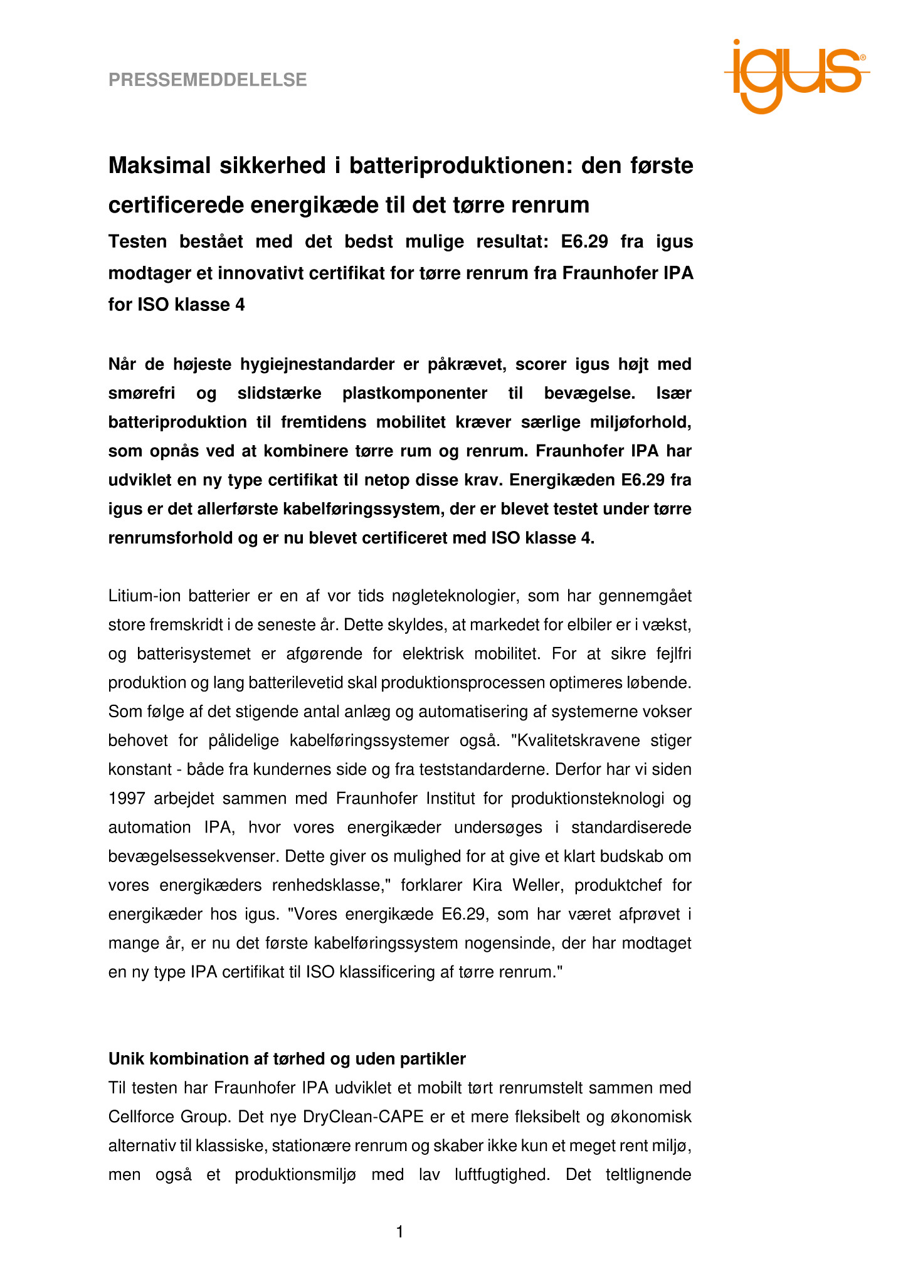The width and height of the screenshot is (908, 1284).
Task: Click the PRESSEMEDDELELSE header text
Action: tap(208, 80)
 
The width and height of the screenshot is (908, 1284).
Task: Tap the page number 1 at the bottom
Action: tap(399, 1232)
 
